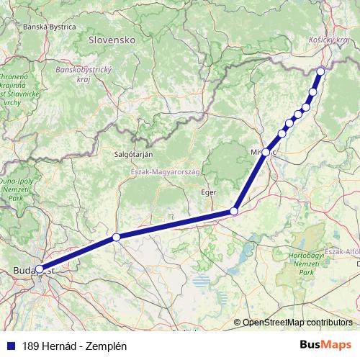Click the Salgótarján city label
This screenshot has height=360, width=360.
tap(133, 154)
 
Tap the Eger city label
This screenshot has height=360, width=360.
tap(208, 192)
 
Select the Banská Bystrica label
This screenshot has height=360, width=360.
tap(50, 27)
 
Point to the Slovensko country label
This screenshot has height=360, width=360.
tap(112, 41)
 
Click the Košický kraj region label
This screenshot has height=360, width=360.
tap(328, 42)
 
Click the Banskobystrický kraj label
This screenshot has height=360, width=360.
tap(85, 74)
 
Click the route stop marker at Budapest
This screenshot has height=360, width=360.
tap(40, 270)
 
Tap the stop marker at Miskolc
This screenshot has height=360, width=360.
tap(266, 152)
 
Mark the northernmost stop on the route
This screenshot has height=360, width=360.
tap(320, 71)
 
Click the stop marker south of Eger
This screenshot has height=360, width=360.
tap(234, 211)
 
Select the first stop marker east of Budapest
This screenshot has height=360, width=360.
tap(116, 237)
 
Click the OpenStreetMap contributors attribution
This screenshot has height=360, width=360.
tap(297, 322)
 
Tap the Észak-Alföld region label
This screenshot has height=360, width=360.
tap(342, 251)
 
